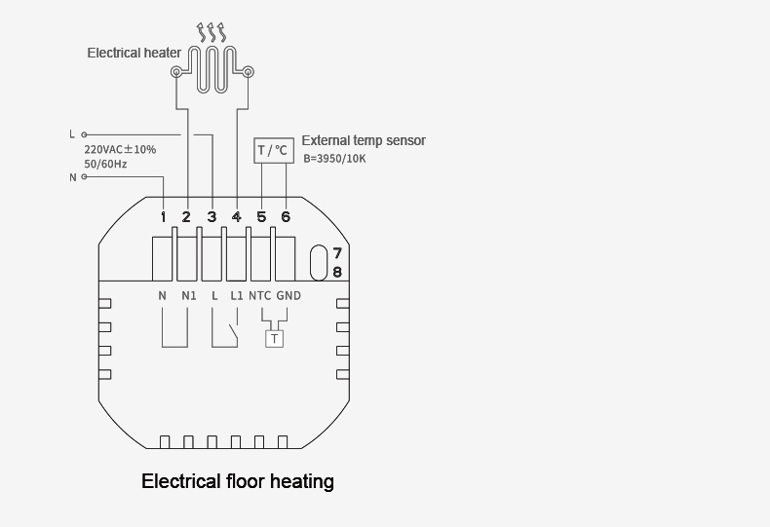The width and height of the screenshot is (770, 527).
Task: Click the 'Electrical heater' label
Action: [x=135, y=53]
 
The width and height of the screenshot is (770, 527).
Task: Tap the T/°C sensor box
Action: [x=274, y=150]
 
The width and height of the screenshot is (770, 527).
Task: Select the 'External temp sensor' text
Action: [x=364, y=140]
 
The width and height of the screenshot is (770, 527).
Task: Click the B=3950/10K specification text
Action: [x=334, y=159]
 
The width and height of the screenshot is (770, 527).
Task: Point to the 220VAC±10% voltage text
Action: [x=120, y=150]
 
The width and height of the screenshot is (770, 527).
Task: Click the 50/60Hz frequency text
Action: [x=105, y=164]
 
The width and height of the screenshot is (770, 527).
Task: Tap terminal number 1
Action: [x=164, y=217]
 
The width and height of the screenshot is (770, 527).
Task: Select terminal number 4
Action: [x=237, y=217]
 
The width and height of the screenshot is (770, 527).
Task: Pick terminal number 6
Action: [x=286, y=217]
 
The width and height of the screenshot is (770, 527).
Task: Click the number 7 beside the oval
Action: [x=337, y=253]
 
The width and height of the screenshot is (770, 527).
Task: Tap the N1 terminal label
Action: [x=189, y=296]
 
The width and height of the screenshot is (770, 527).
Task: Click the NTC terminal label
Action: [x=260, y=296]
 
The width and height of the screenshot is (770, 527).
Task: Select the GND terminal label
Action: [x=289, y=296]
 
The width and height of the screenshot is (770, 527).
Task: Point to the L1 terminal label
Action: [x=237, y=296]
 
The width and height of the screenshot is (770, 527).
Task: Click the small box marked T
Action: [x=274, y=339]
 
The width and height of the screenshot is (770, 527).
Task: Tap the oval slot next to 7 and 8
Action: [x=319, y=262]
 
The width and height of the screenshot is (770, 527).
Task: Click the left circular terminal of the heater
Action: [x=175, y=73]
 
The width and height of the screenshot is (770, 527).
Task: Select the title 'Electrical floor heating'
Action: [x=238, y=481]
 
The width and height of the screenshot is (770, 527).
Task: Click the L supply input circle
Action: [x=84, y=134]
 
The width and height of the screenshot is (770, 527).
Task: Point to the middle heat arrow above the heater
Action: [x=212, y=32]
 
